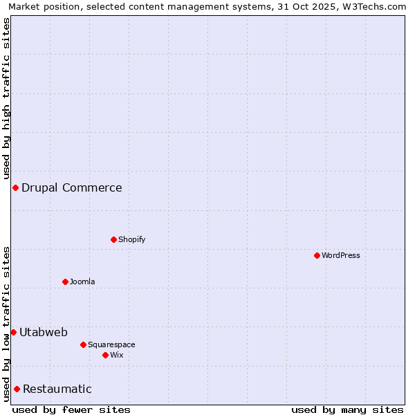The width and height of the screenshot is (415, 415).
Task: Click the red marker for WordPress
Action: (317, 255)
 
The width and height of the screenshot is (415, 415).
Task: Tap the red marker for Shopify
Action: (113, 239)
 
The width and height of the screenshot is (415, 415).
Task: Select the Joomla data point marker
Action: (65, 282)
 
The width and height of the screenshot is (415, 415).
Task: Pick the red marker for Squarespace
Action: (83, 344)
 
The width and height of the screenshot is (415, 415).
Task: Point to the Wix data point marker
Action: (105, 355)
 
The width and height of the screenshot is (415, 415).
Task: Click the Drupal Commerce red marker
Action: (15, 187)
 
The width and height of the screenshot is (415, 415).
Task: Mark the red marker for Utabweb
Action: (13, 332)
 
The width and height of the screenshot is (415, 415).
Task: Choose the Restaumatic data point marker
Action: (17, 389)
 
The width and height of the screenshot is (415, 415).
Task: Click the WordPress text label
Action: (341, 255)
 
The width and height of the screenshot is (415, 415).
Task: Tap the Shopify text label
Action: (132, 239)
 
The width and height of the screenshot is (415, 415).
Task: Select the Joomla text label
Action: (82, 282)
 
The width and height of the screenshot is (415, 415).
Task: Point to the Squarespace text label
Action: (111, 344)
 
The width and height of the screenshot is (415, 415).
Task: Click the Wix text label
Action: (117, 355)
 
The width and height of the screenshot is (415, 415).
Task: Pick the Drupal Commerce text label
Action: (72, 187)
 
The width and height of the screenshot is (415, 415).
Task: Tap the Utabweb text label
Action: (44, 332)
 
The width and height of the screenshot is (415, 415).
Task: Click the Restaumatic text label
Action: (57, 389)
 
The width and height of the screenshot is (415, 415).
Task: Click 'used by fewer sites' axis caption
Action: (71, 409)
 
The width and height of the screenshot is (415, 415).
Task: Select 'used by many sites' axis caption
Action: (347, 409)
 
